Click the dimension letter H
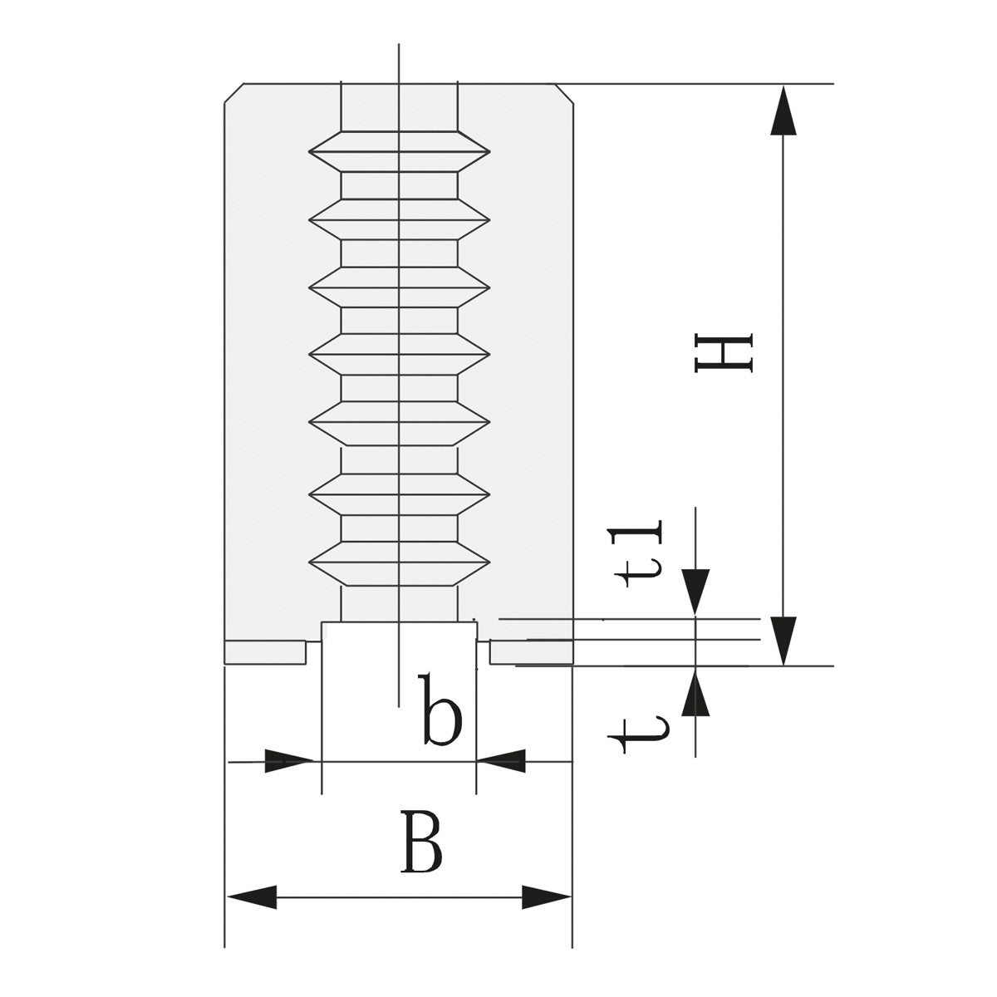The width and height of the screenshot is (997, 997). coord(724,353)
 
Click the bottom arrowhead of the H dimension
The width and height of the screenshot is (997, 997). coord(783,641)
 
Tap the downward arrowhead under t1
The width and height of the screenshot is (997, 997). coord(695,592)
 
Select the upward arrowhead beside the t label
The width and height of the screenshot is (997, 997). coord(695,693)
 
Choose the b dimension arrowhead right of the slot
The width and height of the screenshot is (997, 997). coord(502,760)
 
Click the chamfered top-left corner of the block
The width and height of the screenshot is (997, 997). coord(233,92)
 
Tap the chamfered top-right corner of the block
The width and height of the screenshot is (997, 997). coord(564,92)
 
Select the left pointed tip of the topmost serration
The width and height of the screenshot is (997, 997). coord(311,152)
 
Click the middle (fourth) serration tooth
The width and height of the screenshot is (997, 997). coord(399,356)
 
